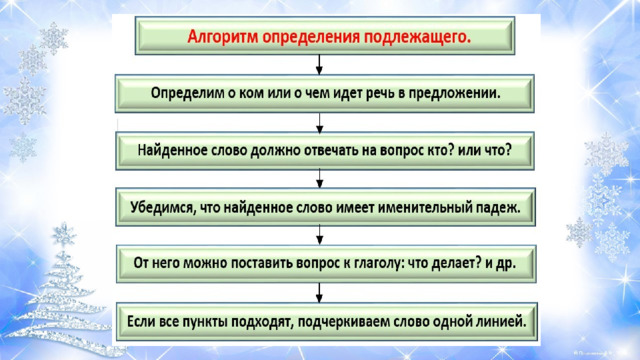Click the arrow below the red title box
pos(319,64)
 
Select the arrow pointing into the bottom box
pos(319,293)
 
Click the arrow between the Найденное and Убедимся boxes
pos(320,179)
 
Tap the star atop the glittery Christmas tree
pos(64,234)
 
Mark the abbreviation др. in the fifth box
pos(506,264)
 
